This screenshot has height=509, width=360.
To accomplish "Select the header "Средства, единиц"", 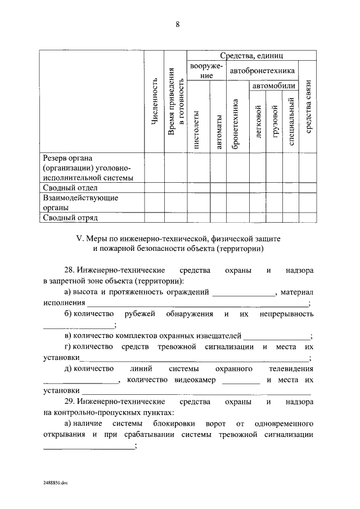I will pos(251,56).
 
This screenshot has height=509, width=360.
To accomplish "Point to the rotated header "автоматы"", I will pos(218,133).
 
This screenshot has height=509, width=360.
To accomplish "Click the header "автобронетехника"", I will pos(262,71).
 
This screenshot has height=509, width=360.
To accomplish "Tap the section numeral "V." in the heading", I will pos(79,238).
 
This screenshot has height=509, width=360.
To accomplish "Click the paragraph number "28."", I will pos(71,271).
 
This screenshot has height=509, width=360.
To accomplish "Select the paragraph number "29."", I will pos(71,402).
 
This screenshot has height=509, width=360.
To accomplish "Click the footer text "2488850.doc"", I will pos(56,483).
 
